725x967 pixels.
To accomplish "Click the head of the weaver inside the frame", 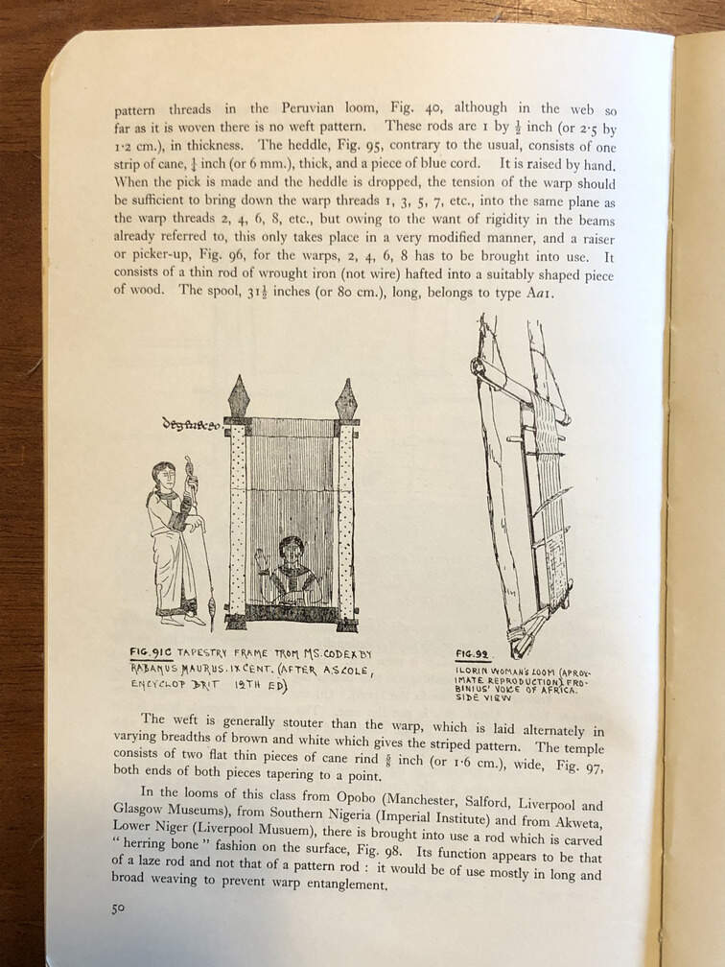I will click(291, 551).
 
